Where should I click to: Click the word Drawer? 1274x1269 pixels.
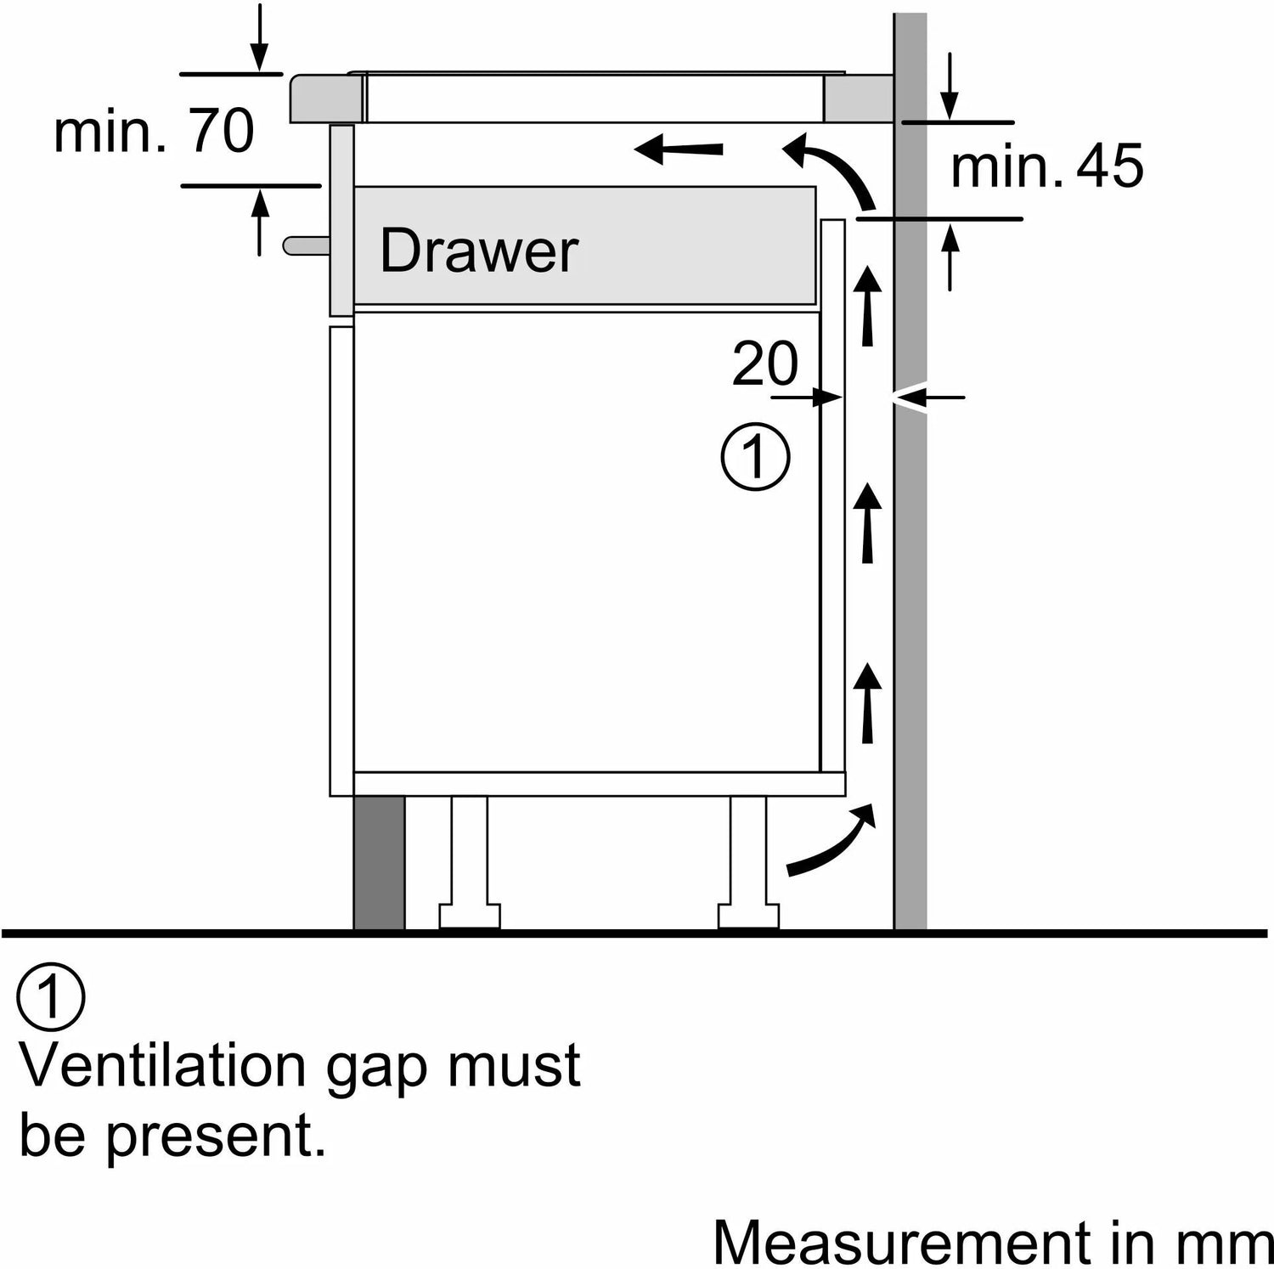[x=478, y=251]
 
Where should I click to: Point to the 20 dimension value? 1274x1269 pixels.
[x=764, y=364]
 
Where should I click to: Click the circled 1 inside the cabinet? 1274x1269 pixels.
[x=755, y=456]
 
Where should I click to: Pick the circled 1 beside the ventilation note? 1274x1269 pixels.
[x=51, y=997]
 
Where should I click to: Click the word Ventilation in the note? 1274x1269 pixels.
[x=161, y=1065]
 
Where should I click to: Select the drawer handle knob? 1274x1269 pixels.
[x=305, y=245]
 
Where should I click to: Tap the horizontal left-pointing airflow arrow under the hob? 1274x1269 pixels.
[x=679, y=150]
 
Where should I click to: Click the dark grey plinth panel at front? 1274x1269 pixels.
[x=379, y=862]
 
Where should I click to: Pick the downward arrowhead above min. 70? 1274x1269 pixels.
[x=260, y=59]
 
